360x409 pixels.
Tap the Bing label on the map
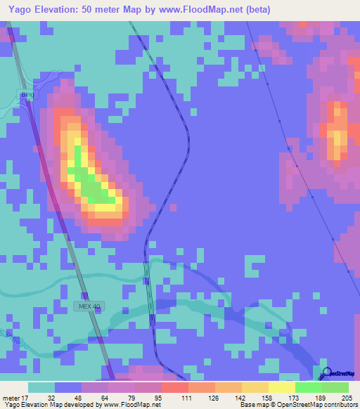coord(27,94)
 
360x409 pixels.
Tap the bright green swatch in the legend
coord(308,387)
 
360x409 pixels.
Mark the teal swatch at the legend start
coord(41,387)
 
